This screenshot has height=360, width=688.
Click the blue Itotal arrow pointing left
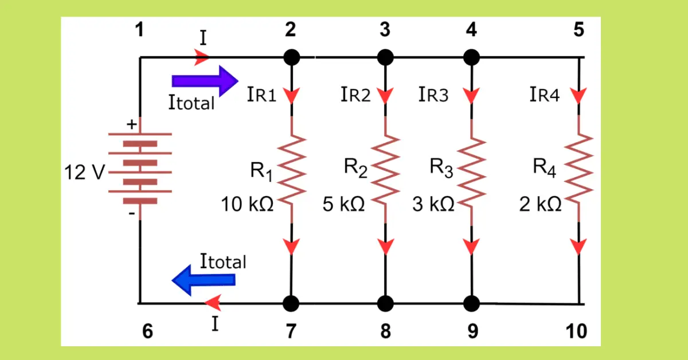tap(204, 280)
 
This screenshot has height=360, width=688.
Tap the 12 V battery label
tap(83, 172)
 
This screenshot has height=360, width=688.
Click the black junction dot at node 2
tap(292, 57)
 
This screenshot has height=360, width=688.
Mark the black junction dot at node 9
tap(471, 302)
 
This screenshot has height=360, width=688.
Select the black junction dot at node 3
tap(385, 57)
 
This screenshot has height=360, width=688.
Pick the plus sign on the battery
tap(132, 124)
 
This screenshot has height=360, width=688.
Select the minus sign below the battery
tap(132, 214)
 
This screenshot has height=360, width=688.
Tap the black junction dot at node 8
tap(385, 302)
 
